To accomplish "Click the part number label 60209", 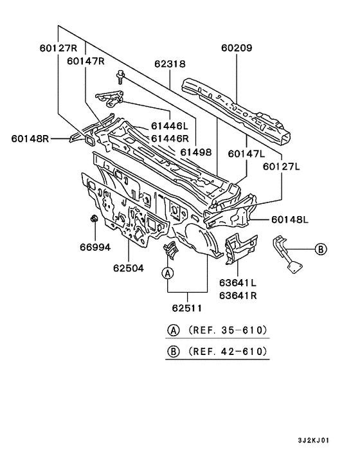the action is click(237, 48).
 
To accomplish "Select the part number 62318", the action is click(170, 64).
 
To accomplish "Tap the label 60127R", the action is click(59, 48).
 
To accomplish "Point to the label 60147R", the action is click(85, 61).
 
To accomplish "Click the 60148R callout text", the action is click(30, 138).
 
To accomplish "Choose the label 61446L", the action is click(170, 126).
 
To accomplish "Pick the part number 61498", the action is click(196, 152).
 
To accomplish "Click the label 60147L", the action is click(246, 154).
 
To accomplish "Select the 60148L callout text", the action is click(290, 220).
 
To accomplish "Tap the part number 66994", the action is click(95, 248).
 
